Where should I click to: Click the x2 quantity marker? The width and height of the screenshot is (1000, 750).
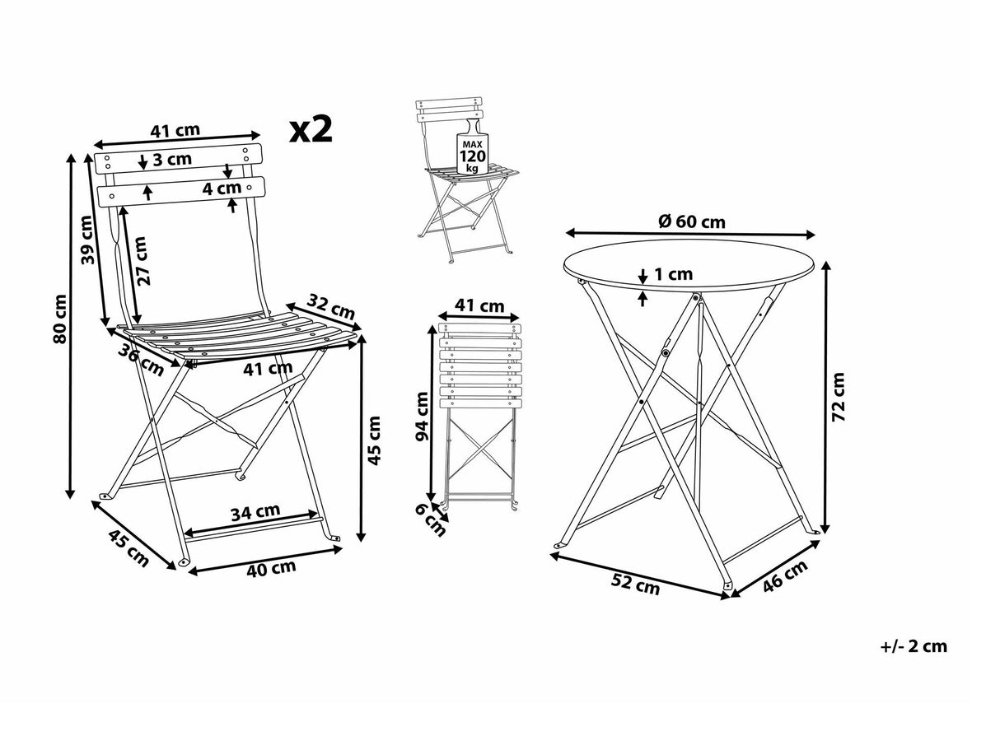[311, 129]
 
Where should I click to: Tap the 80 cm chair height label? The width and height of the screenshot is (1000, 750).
[59, 320]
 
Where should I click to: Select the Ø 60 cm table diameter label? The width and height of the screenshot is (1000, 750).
[692, 221]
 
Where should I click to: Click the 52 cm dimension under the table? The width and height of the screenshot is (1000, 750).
[635, 585]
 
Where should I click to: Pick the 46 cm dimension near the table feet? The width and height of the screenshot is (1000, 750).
[783, 577]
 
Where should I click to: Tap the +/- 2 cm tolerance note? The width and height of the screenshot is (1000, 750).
[914, 646]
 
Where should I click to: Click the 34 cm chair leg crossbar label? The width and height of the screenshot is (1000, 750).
[255, 512]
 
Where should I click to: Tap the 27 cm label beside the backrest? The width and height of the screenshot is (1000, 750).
[140, 261]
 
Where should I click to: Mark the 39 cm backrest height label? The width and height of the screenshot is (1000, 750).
[88, 240]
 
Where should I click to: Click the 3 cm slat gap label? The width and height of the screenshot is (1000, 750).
[172, 159]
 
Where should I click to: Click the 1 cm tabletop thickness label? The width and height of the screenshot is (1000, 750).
[674, 274]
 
